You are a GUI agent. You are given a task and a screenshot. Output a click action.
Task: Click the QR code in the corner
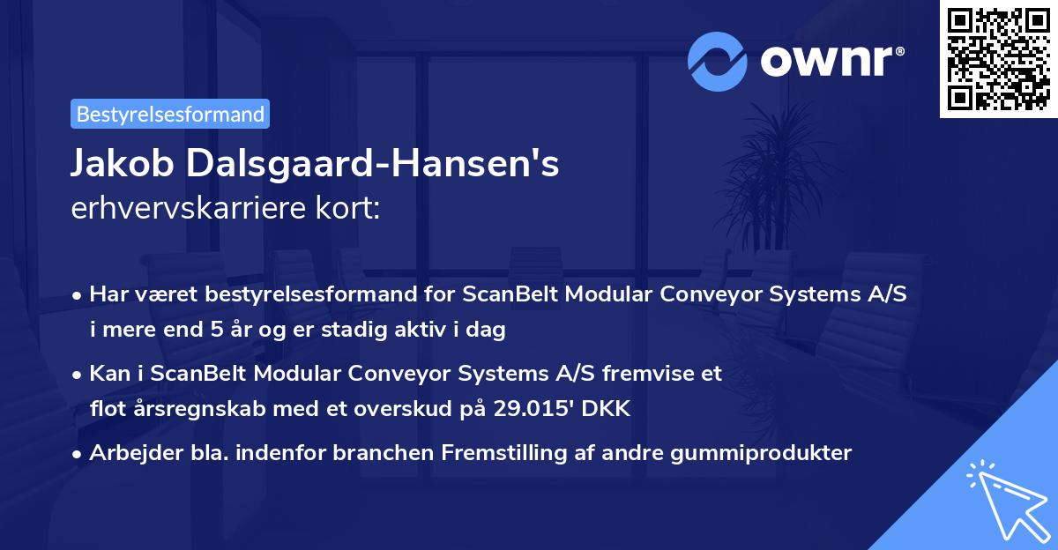click(x=998, y=59)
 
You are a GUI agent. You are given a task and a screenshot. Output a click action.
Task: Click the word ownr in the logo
click(x=832, y=62)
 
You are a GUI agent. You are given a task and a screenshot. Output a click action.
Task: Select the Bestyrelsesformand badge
click(x=170, y=114)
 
